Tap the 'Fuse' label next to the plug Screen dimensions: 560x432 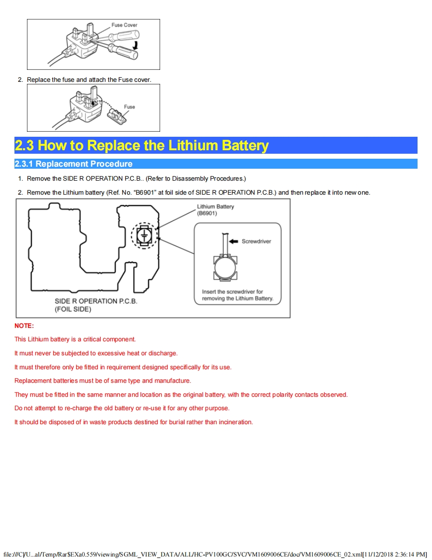(130, 107)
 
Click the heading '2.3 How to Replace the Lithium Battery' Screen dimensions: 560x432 (142, 146)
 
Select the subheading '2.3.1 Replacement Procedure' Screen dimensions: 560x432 (74, 164)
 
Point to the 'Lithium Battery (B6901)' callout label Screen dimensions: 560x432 (215, 210)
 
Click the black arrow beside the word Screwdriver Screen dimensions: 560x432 (233, 241)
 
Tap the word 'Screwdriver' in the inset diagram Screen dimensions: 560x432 (256, 241)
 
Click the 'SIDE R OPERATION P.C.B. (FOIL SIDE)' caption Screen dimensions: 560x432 (96, 305)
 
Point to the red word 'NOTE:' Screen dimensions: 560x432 (24, 326)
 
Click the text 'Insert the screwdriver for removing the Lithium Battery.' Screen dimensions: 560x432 (237, 295)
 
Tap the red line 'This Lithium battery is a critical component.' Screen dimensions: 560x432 (75, 339)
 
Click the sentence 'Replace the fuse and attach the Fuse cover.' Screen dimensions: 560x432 (89, 80)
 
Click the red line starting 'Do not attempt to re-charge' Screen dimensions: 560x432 (122, 408)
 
